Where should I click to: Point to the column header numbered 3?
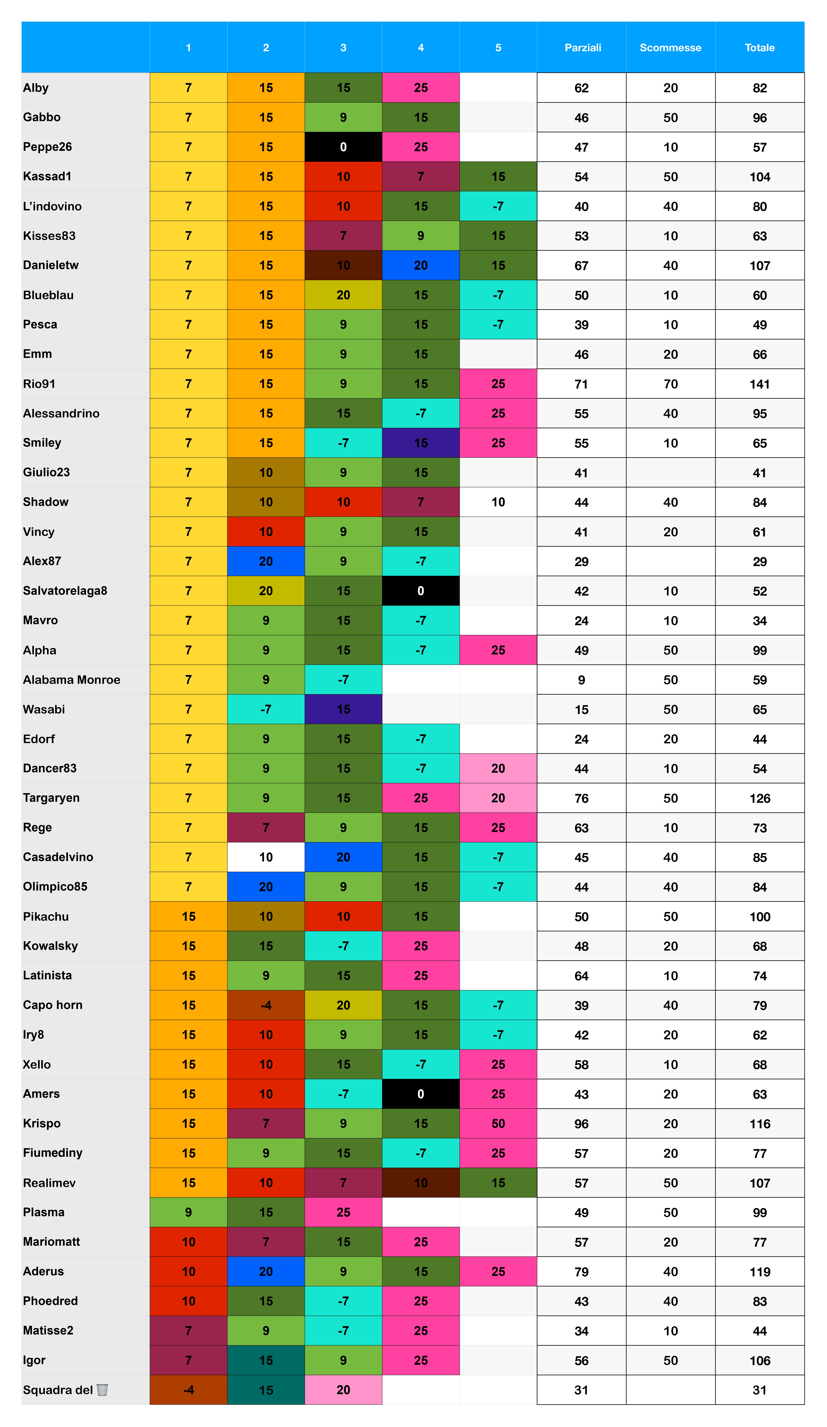click(x=343, y=48)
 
